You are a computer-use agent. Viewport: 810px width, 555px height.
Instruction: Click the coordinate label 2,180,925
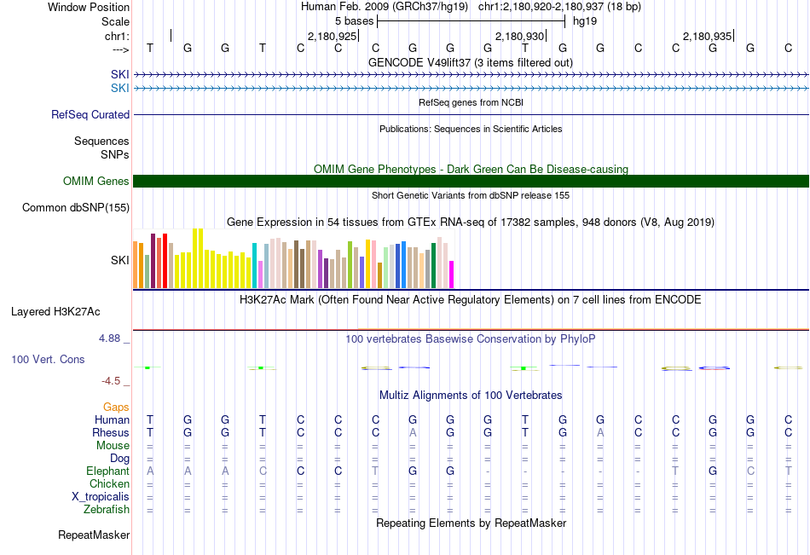coord(332,37)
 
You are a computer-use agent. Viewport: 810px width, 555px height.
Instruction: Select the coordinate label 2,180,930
coord(519,37)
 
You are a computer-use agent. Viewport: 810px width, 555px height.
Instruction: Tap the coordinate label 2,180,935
coord(707,37)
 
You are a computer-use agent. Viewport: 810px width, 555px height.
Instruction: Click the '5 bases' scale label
coord(354,20)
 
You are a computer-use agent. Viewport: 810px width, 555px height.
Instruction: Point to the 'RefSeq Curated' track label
coord(90,114)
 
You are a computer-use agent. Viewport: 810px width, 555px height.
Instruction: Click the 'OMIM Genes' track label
coord(96,181)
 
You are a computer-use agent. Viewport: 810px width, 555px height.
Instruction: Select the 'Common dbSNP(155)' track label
coord(76,207)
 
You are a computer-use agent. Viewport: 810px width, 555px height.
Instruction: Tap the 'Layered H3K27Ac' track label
coord(55,311)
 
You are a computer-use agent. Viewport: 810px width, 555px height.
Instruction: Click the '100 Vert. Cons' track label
coord(48,360)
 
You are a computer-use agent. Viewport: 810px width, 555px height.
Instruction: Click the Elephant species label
coord(107,471)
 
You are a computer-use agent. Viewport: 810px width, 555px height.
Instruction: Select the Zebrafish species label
coord(107,510)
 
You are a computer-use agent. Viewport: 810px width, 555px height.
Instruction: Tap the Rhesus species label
coord(111,432)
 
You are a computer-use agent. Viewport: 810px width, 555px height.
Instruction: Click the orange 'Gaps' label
coord(116,407)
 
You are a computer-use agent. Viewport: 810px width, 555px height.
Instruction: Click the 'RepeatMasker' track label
coord(94,535)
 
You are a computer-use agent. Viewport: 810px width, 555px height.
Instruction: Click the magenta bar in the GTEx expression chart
coord(452,275)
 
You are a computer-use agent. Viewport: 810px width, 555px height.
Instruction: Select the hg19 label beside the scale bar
coord(585,20)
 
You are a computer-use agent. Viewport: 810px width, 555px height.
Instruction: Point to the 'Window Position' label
coord(89,7)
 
